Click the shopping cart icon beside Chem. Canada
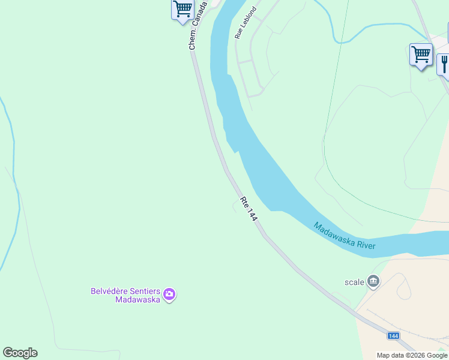[182, 10]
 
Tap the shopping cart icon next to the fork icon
[421, 55]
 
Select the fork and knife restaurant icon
[444, 64]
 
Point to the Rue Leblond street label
[246, 23]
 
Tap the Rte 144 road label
[249, 209]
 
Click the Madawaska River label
[345, 236]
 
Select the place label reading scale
[354, 282]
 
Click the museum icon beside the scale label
[373, 281]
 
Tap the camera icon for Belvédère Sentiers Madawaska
[169, 294]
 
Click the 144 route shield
[393, 336]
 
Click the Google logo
[20, 353]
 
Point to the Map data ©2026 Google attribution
[412, 355]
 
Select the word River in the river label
[364, 242]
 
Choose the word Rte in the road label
[244, 202]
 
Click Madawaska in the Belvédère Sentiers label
[137, 299]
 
